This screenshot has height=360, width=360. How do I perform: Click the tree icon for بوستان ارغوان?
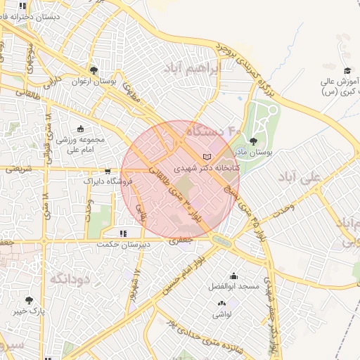(x=93, y=70)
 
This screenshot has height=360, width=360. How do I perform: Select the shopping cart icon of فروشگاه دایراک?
(x=107, y=171)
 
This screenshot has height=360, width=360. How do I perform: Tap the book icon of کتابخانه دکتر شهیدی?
(x=206, y=157)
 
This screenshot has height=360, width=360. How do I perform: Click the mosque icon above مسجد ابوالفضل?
(x=233, y=276)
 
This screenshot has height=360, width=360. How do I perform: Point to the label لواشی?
(x=222, y=315)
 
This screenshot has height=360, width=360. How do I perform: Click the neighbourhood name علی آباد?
(x=300, y=176)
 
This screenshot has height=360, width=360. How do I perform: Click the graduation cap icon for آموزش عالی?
(x=347, y=70)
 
